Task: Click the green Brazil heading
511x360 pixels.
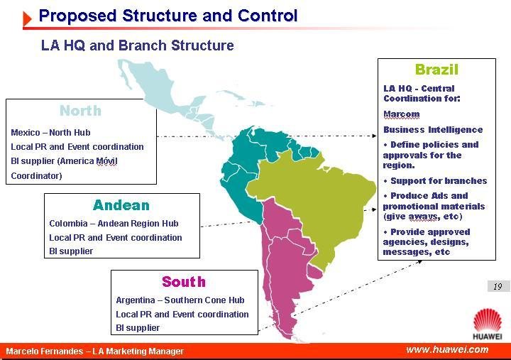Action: click(436, 70)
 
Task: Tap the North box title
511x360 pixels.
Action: click(80, 111)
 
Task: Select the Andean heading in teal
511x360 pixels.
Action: click(121, 205)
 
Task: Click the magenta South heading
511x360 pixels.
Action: click(184, 282)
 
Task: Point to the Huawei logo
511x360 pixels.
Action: click(488, 324)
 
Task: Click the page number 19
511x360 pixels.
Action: click(498, 287)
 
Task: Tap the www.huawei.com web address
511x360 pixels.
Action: click(447, 349)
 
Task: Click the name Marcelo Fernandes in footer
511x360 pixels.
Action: click(44, 351)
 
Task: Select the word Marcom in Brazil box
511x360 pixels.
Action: click(402, 114)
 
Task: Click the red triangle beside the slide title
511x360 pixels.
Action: click(28, 18)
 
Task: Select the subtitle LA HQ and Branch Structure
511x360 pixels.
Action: click(137, 45)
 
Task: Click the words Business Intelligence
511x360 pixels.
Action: click(433, 130)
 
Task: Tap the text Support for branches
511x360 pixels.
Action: click(439, 180)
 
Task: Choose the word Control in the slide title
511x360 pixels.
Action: click(268, 16)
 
